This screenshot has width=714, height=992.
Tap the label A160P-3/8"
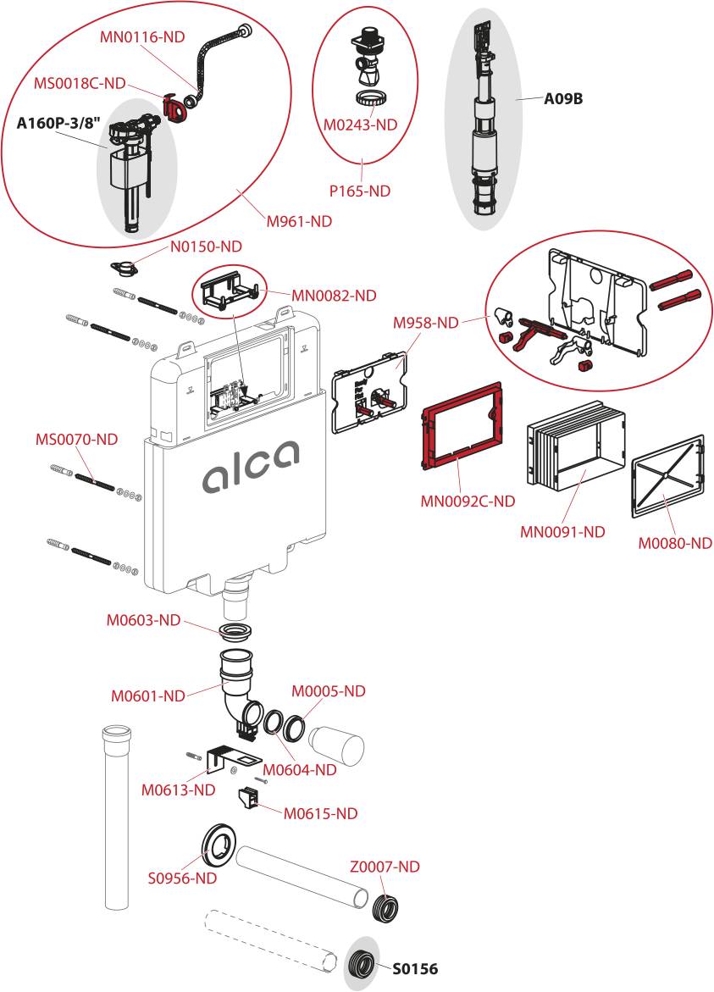(x=59, y=123)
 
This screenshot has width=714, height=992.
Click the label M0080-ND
(x=674, y=543)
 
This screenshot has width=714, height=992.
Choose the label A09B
(x=562, y=99)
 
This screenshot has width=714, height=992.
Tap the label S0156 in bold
(x=414, y=968)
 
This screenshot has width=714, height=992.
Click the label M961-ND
(x=299, y=222)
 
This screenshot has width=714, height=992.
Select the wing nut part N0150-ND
(x=126, y=269)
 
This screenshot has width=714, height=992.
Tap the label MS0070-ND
(x=76, y=440)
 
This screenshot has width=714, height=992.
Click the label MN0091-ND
(x=562, y=532)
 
